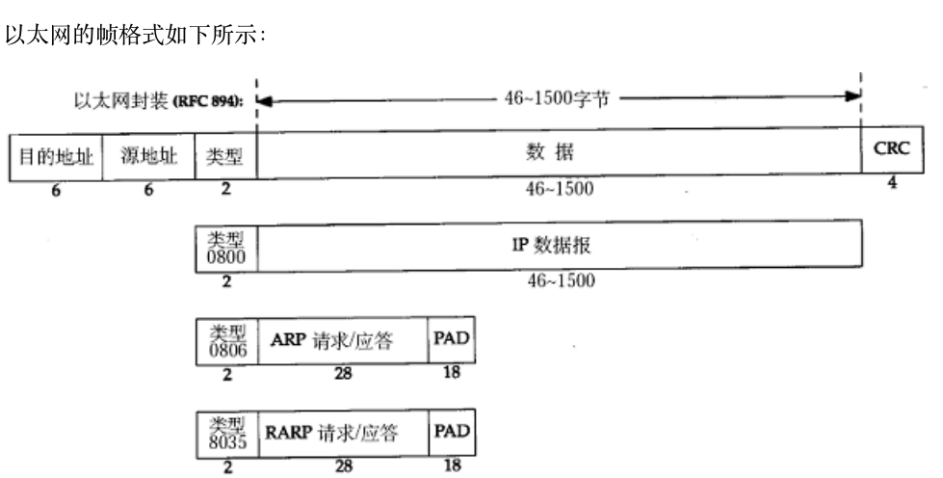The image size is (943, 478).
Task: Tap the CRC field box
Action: coord(891,151)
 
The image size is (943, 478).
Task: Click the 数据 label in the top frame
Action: coord(560,153)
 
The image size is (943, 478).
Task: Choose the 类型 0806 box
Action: coord(225,342)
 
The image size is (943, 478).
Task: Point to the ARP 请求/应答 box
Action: coord(342,342)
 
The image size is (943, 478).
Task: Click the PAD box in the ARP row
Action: coord(452,341)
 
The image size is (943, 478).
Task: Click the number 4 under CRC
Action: coord(891,183)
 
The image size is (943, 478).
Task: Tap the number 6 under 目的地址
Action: coord(56,190)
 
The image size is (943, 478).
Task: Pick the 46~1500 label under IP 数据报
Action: coord(560,281)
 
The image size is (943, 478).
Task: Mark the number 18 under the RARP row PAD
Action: coord(452,464)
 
